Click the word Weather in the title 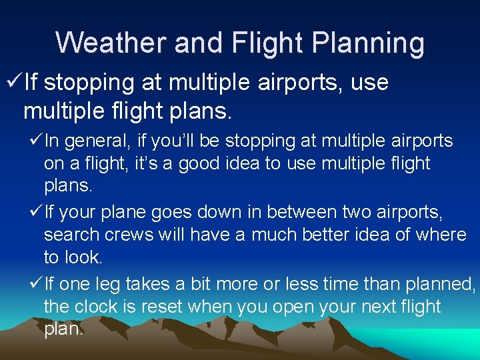(111, 43)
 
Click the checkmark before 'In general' (35, 141)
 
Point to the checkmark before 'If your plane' (35, 213)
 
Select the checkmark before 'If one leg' (35, 285)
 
